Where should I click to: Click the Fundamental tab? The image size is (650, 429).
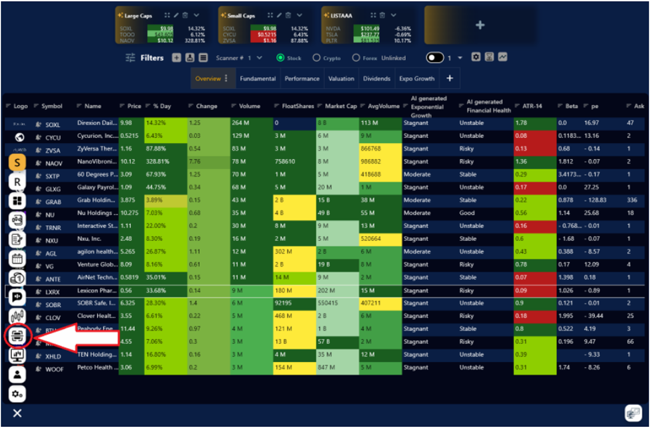coord(258,79)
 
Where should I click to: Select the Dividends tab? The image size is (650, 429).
coord(377,79)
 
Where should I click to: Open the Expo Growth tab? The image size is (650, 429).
coord(416,79)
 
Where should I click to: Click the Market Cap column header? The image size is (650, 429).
coord(341,106)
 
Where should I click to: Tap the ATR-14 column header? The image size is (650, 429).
coord(532,106)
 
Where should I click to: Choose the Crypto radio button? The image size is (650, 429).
coord(317,58)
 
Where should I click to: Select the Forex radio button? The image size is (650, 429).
coord(356,58)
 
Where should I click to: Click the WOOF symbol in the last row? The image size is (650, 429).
coord(54,369)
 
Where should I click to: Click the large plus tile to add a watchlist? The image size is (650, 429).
coord(480,25)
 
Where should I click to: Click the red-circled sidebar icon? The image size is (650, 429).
coord(17,336)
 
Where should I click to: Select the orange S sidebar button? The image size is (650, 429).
coord(17,163)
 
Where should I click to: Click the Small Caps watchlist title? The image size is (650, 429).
coord(240,16)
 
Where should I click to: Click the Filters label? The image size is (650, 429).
coord(152,58)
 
